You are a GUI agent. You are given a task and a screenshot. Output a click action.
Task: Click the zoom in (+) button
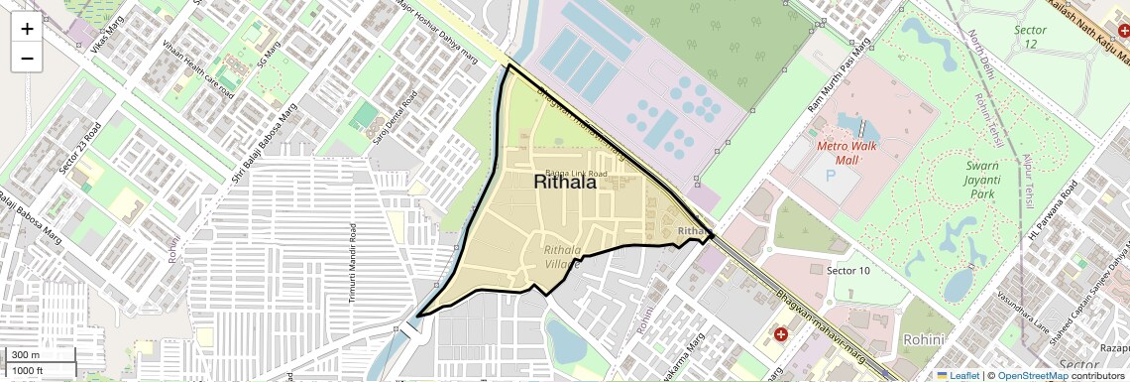pyautogui.click(x=27, y=29)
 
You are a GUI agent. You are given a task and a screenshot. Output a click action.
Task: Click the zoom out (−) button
pyautogui.click(x=27, y=59)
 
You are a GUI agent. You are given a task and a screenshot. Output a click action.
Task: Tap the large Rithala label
pyautogui.click(x=565, y=182)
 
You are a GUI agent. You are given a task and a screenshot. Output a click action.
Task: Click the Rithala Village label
pyautogui.click(x=561, y=257)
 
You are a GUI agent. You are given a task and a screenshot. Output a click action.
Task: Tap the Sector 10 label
pyautogui.click(x=848, y=270)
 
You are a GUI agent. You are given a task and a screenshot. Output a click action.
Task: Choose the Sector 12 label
pyautogui.click(x=1031, y=37)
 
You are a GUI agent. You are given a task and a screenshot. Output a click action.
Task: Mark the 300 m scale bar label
pyautogui.click(x=26, y=355)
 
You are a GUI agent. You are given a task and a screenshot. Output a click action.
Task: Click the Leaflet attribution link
pyautogui.click(x=957, y=375)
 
